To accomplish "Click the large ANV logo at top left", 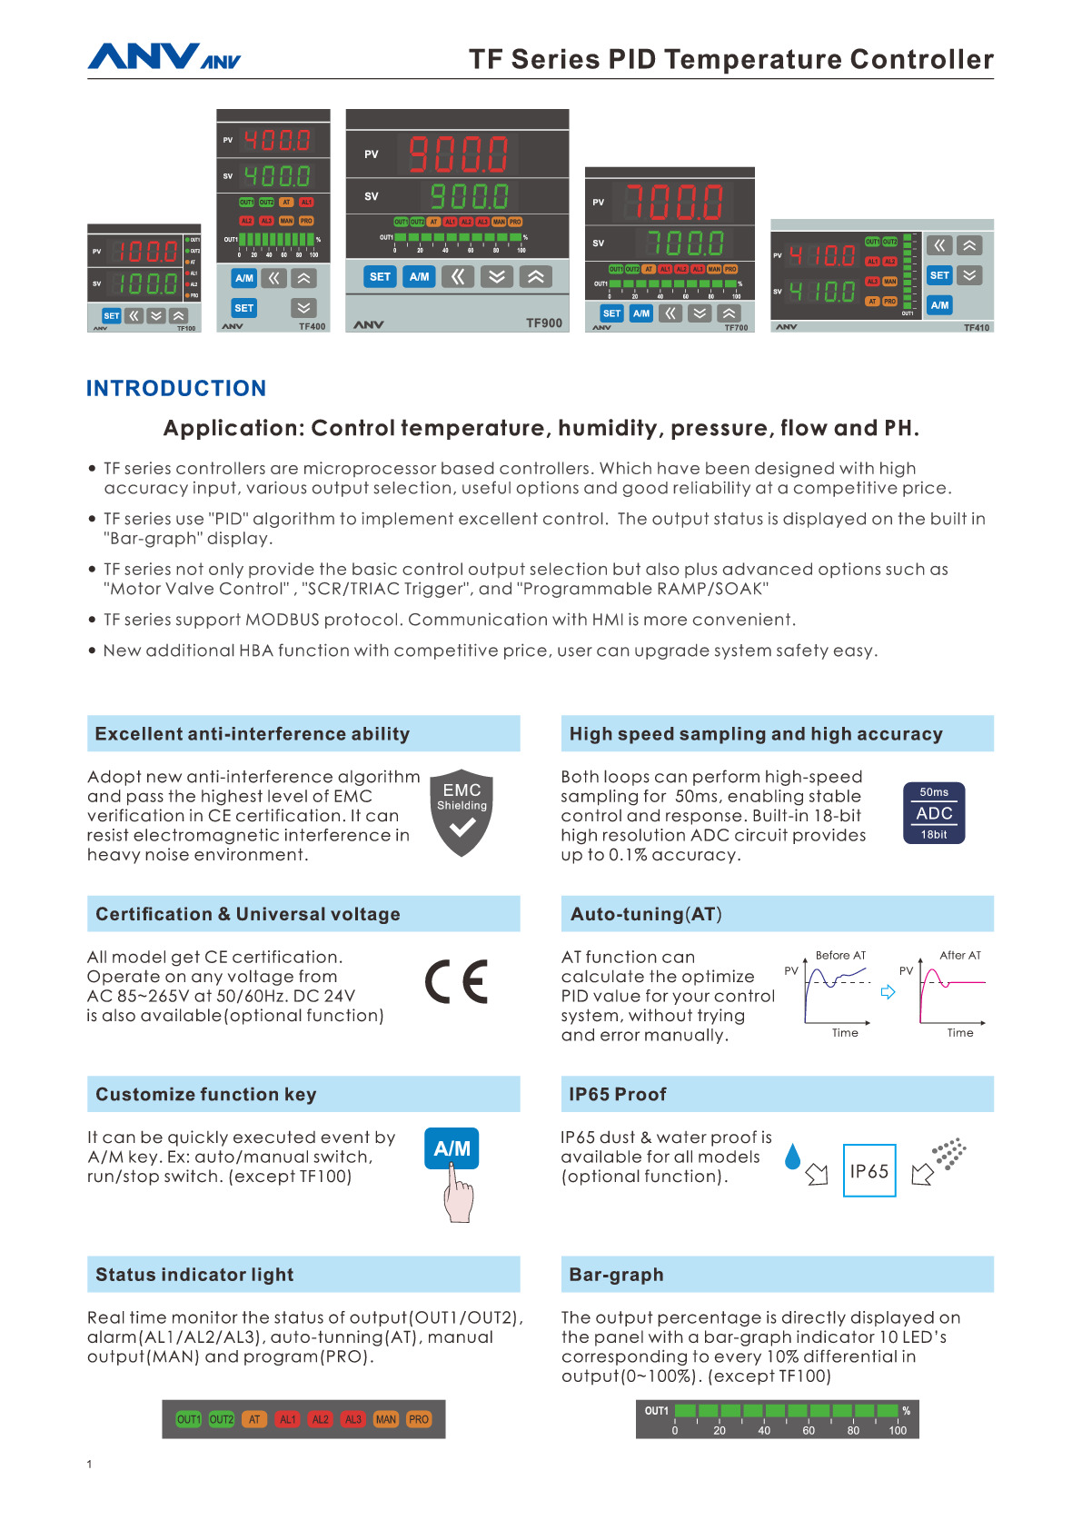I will click(x=143, y=56).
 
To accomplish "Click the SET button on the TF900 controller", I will click(x=380, y=276).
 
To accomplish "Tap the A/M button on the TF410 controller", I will click(x=939, y=305).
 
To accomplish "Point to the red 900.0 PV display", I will click(x=458, y=154).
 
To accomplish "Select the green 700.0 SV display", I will click(x=685, y=243).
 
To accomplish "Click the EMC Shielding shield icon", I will click(x=462, y=813).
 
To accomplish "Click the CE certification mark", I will click(x=456, y=981).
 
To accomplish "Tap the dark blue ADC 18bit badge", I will click(x=934, y=813).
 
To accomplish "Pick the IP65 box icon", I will click(x=869, y=1170).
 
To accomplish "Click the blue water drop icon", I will click(x=793, y=1156).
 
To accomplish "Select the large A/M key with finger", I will click(x=452, y=1148).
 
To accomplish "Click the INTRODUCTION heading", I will click(x=176, y=388).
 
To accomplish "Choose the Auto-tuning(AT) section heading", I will click(x=646, y=914).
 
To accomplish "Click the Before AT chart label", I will click(x=840, y=955).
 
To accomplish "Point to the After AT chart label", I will click(x=959, y=955).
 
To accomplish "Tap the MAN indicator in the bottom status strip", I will click(x=386, y=1419).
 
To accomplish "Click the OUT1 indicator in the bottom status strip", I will click(x=188, y=1419).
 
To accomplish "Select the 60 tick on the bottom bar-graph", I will click(x=809, y=1430).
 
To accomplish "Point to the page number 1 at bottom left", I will click(x=89, y=1464).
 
